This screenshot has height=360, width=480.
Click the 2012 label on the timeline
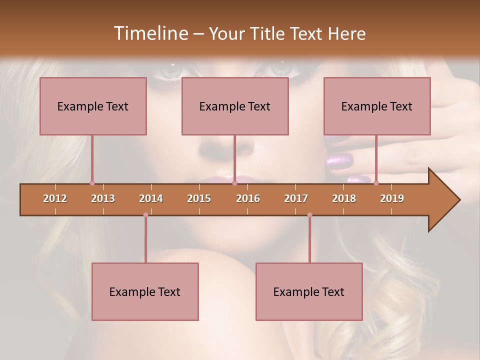(55, 198)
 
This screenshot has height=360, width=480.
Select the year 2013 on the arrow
(103, 198)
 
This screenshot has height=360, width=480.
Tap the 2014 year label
(151, 198)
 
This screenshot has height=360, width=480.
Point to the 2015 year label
(199, 198)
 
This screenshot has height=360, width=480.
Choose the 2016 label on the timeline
(248, 198)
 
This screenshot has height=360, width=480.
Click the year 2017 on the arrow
(296, 198)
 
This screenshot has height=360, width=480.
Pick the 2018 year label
(344, 198)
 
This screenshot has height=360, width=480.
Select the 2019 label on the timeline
(392, 198)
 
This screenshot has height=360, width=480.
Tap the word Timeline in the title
(150, 33)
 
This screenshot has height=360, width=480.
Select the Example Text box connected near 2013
(93, 106)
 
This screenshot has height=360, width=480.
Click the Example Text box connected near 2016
(235, 106)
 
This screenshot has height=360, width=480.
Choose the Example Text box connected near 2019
(377, 106)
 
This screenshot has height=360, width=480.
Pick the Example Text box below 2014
(145, 291)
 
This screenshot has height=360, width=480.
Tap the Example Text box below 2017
(309, 291)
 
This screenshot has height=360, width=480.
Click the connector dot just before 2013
(92, 183)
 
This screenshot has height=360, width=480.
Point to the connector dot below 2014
(145, 215)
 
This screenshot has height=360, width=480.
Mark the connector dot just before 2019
(376, 183)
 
